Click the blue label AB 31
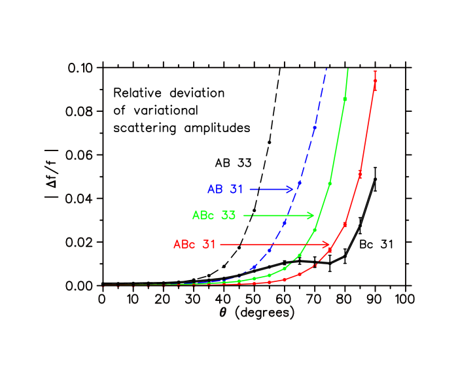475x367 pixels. pyautogui.click(x=225, y=189)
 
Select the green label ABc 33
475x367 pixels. pyautogui.click(x=214, y=215)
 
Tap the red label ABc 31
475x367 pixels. pyautogui.click(x=194, y=244)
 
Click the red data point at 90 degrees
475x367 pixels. pyautogui.click(x=375, y=80)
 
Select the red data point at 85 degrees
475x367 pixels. pyautogui.click(x=360, y=174)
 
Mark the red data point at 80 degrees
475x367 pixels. pyautogui.click(x=345, y=225)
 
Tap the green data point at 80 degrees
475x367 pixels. pyautogui.click(x=345, y=99)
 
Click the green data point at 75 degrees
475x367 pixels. pyautogui.click(x=330, y=184)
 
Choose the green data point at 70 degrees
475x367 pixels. pyautogui.click(x=315, y=230)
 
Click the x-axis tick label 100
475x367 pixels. pyautogui.click(x=406, y=299)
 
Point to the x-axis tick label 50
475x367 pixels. pyautogui.click(x=254, y=299)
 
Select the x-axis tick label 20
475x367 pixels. pyautogui.click(x=162, y=299)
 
